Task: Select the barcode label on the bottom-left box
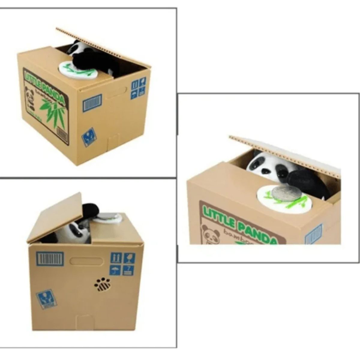(x=50, y=259)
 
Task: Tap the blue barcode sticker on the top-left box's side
(x=92, y=103)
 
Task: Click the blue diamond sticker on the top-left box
(x=89, y=137)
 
